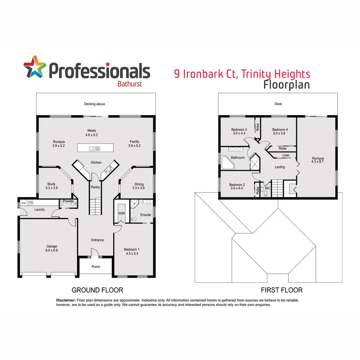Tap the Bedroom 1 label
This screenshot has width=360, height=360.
132,249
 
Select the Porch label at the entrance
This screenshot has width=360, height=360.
96,267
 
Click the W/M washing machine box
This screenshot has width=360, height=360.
23,203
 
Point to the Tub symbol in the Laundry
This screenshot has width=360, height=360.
31,203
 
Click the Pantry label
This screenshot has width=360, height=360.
95,187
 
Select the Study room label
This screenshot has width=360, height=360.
51,184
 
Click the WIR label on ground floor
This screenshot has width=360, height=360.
121,213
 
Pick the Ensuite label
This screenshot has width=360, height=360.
145,215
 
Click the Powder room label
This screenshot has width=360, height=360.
68,201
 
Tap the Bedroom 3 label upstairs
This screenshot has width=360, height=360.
239,130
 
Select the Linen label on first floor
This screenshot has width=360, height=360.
286,155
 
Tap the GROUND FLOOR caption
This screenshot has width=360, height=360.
97,290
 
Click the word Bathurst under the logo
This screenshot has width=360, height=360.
130,84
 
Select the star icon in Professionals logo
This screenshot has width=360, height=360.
34,67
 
